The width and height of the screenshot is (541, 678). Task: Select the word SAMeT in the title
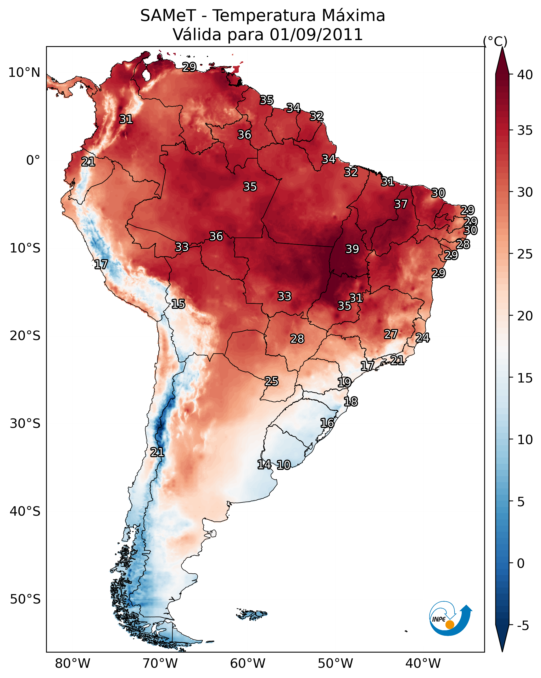[168, 15]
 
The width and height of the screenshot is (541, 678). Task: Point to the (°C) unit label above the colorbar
[495, 41]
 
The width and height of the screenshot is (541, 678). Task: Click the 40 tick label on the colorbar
[525, 74]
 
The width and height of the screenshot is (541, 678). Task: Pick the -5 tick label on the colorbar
[523, 626]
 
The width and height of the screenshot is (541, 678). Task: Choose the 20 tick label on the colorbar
[525, 316]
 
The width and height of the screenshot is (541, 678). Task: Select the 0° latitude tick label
[33, 160]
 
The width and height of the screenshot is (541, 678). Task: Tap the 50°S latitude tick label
[25, 599]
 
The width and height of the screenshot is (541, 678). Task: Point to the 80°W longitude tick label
[72, 664]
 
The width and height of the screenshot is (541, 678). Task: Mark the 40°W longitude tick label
[423, 664]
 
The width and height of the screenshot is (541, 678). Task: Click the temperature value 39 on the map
[352, 249]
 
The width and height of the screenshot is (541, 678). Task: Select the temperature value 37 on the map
[401, 204]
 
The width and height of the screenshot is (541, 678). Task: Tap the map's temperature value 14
[264, 465]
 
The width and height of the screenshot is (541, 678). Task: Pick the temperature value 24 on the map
[423, 338]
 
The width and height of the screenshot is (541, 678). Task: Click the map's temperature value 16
[327, 423]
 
